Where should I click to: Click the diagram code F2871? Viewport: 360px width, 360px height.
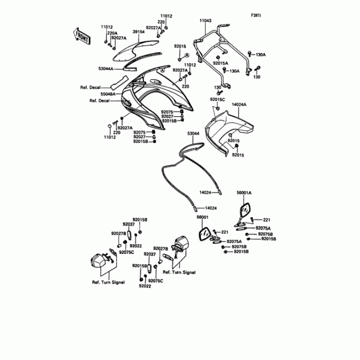[x=256, y=15]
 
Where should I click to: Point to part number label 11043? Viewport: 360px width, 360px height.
[x=206, y=21]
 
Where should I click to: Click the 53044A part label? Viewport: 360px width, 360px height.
[x=106, y=69]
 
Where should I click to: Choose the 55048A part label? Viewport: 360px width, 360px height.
[x=108, y=94]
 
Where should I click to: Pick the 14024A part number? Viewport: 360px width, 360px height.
[x=239, y=104]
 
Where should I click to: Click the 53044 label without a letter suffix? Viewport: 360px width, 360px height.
[x=193, y=134]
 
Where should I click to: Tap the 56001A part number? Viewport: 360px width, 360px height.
[x=244, y=193]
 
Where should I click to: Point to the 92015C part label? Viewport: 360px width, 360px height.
[x=217, y=99]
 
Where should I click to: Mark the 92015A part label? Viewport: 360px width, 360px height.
[x=220, y=63]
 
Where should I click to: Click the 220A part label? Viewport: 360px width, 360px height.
[x=112, y=33]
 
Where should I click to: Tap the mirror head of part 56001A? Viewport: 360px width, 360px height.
[x=245, y=210]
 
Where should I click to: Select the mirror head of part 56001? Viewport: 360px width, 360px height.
[x=204, y=234]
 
